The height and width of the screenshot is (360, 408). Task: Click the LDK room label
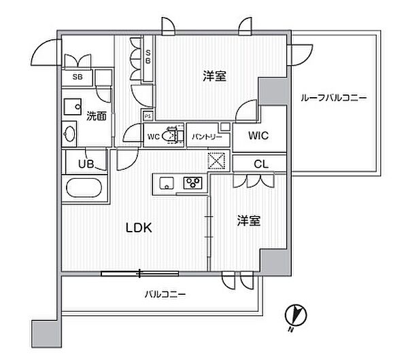(139, 228)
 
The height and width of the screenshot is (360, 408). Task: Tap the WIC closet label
(258, 135)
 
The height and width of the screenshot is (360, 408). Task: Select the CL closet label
(260, 164)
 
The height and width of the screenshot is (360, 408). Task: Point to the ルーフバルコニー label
(334, 98)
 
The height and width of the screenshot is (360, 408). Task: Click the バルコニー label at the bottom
(165, 295)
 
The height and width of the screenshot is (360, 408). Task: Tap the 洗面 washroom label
(97, 116)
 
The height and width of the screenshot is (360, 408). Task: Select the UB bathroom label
(86, 164)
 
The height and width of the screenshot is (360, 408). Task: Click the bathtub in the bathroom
(84, 188)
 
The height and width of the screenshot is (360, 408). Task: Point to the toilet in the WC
(169, 135)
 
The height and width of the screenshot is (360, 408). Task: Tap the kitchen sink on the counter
(167, 183)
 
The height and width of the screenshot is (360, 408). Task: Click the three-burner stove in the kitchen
(193, 183)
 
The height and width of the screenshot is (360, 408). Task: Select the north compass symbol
(295, 316)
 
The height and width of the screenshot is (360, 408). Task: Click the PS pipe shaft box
(148, 116)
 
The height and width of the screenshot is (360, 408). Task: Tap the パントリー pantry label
(207, 137)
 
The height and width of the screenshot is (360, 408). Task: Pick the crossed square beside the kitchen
(216, 161)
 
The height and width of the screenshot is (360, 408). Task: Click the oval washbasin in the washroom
(69, 134)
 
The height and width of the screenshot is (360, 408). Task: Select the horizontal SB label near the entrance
(78, 77)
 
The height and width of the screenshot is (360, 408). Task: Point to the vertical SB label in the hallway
(148, 57)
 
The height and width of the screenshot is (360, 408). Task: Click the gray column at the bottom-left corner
(46, 334)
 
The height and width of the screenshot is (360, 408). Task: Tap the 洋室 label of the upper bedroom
(214, 76)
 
